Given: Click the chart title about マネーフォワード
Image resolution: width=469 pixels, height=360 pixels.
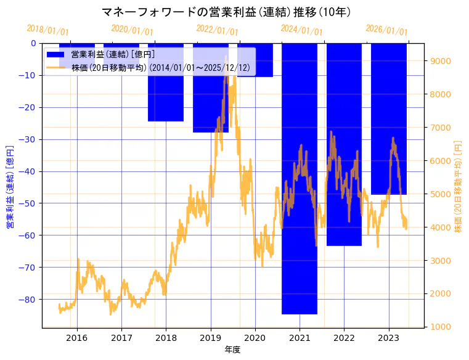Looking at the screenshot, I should (226, 11).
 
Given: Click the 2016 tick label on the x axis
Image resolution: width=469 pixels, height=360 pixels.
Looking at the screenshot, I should (77, 338).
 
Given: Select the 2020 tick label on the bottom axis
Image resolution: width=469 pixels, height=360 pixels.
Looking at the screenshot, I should (255, 338).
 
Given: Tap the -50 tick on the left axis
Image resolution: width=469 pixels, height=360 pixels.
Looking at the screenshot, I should (28, 203).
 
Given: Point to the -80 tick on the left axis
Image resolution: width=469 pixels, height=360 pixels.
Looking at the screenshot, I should (28, 300).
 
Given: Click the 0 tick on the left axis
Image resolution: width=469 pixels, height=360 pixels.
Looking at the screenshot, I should (33, 43).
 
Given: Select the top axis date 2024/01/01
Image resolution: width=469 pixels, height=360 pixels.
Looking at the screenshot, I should (301, 30).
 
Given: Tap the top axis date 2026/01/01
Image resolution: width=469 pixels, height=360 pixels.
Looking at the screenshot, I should (386, 30).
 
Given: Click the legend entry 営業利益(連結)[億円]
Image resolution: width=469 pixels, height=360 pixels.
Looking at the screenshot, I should (113, 55).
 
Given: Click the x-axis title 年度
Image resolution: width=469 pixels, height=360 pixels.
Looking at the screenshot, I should (232, 350).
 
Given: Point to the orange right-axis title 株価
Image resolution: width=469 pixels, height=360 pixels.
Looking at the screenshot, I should (458, 186).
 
